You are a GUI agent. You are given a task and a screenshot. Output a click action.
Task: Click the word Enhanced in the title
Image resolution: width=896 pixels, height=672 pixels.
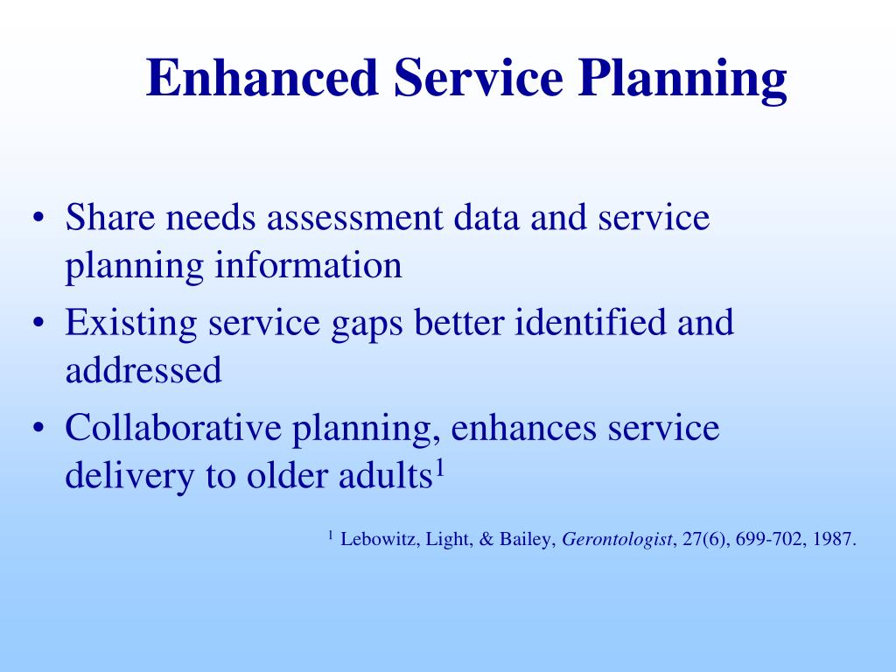pos(262,78)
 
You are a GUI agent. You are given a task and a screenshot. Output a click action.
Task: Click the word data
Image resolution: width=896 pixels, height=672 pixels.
pos(486,217)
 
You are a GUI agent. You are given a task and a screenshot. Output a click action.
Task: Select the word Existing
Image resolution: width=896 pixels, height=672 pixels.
pos(131,325)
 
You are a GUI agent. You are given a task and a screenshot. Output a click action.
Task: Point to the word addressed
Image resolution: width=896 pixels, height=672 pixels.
pos(143,369)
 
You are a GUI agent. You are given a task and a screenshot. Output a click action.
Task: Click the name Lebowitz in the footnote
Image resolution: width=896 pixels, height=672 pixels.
pos(378,539)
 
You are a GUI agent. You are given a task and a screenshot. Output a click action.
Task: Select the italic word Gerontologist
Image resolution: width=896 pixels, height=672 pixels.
pos(617,540)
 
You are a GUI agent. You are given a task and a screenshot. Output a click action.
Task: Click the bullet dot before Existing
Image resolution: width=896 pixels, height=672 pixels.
pos(38,323)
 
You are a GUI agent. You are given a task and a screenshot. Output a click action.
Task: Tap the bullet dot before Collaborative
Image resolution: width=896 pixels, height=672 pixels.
pos(38,428)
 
